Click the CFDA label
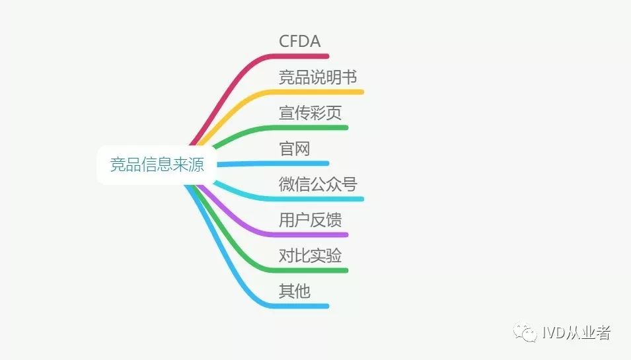pyautogui.click(x=299, y=41)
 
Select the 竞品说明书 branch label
pyautogui.click(x=318, y=77)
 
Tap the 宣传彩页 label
pyautogui.click(x=310, y=112)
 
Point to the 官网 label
pyautogui.click(x=294, y=148)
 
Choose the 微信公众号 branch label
pyautogui.click(x=318, y=184)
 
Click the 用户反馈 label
pyautogui.click(x=310, y=219)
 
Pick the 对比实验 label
pyautogui.click(x=310, y=255)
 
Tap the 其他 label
pyautogui.click(x=294, y=291)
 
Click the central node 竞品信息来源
pyautogui.click(x=157, y=164)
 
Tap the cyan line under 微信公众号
pyautogui.click(x=324, y=199)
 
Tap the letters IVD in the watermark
pyautogui.click(x=553, y=333)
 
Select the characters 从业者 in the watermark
pyautogui.click(x=588, y=333)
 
